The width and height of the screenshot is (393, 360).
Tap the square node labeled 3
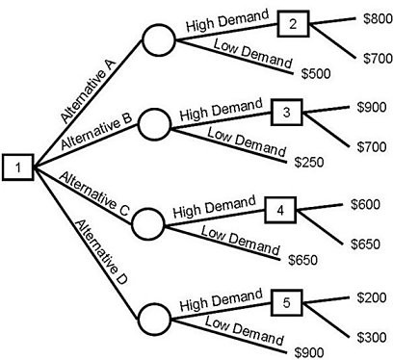286,113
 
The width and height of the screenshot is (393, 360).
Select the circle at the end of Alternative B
154,124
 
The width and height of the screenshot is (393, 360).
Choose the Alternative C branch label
94,192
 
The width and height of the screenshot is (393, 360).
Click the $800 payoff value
374,18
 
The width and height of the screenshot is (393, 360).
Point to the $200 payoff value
370,298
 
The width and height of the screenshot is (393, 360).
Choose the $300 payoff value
370,339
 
